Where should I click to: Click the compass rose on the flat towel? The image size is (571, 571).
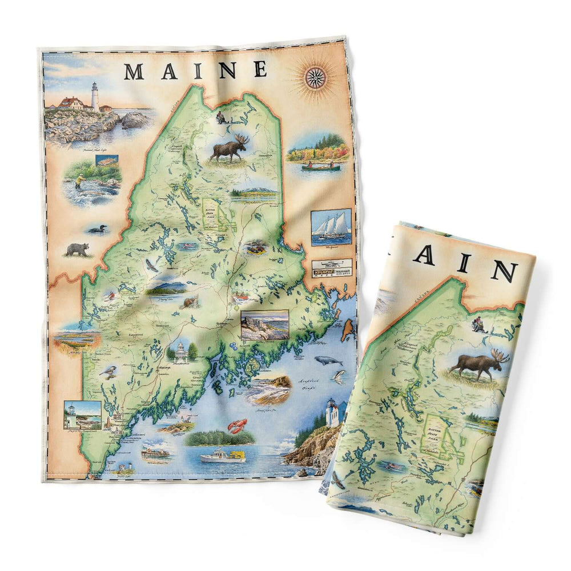315,78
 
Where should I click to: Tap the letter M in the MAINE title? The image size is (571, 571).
134,71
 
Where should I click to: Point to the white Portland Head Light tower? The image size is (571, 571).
95,96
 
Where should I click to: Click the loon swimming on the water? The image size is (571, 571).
97,230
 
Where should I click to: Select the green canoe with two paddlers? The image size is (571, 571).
321,167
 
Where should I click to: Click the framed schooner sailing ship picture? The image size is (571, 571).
331,227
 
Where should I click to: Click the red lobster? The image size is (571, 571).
238,425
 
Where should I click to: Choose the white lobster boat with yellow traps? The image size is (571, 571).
223,455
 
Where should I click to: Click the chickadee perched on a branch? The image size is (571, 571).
108,372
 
